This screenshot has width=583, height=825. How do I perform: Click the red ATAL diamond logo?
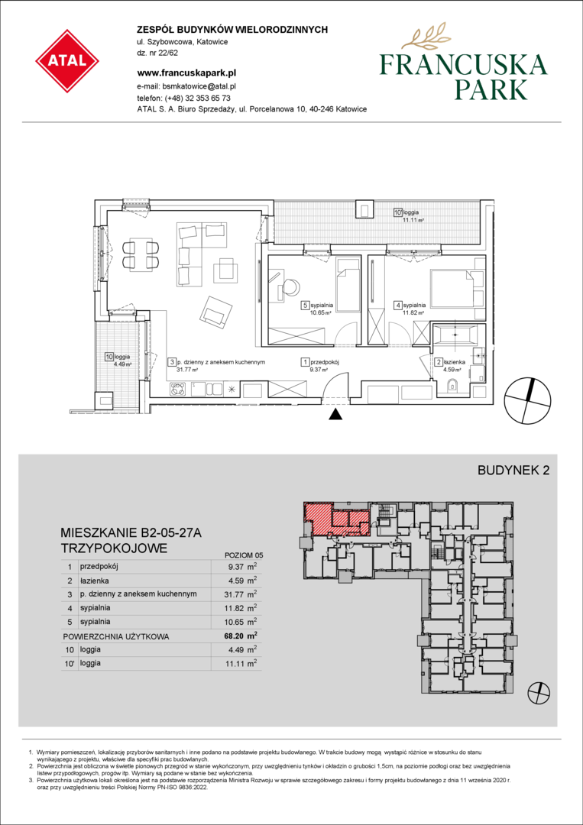[67, 61]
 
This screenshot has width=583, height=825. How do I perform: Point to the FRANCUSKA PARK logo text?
[463, 77]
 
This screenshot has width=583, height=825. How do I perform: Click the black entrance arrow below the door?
[335, 414]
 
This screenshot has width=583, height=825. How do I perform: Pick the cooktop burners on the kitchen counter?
[178, 390]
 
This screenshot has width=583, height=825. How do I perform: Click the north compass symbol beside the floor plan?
[528, 401]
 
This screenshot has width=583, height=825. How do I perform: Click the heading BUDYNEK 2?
[513, 471]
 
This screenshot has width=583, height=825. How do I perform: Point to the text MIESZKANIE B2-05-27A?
[131, 533]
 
